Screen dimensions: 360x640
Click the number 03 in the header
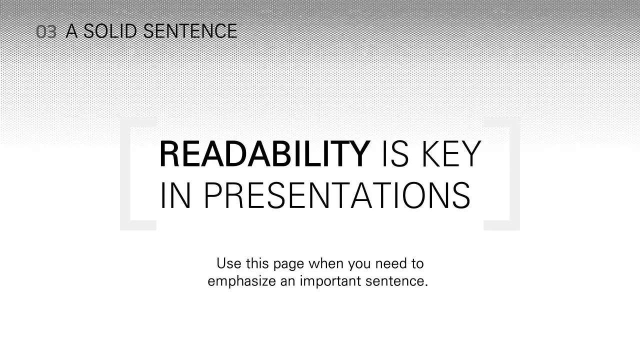(46, 32)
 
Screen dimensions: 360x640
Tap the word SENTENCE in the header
(190, 31)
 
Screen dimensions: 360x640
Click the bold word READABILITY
(264, 154)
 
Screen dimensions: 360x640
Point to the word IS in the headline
(395, 154)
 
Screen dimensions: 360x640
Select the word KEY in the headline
(451, 154)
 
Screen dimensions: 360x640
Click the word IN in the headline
(175, 195)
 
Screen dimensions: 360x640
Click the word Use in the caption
(228, 263)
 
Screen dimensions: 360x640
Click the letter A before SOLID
(72, 31)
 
